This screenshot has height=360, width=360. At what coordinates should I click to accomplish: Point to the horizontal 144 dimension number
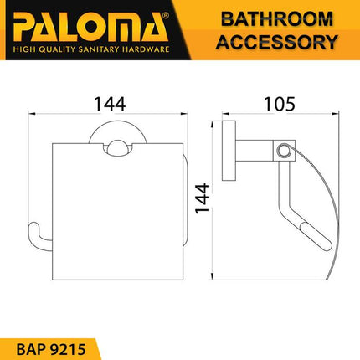[109, 104]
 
